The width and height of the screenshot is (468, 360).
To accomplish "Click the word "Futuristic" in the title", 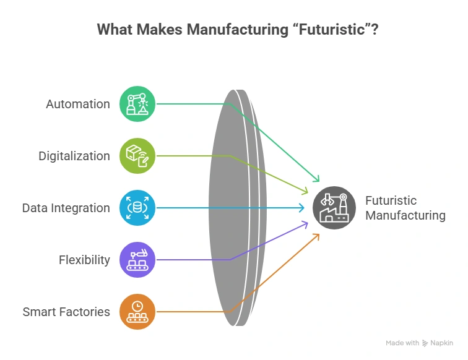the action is coord(332,30).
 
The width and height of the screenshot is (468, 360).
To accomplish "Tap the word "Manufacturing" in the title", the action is coord(238,30).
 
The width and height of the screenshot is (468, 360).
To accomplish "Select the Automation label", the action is coord(78,104).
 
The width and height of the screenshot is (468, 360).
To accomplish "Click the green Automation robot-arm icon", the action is coord(137,104).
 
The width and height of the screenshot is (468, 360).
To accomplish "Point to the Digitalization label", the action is coord(74,156).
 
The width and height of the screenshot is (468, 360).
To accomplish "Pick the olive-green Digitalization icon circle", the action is coord(137,156).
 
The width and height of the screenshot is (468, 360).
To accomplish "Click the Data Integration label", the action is coord(66,208).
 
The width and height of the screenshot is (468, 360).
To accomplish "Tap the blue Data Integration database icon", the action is coord(137,208).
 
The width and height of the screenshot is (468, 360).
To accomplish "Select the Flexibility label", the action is coord(84,260).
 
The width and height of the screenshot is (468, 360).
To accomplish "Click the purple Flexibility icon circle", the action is coord(137,260).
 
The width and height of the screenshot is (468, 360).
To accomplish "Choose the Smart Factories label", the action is coord(66,312).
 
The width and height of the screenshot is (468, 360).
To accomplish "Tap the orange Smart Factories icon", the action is coord(137,312).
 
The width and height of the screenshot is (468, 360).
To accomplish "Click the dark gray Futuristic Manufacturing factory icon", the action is coord(334,208).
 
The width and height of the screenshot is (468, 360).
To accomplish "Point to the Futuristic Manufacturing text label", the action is coord(405,208).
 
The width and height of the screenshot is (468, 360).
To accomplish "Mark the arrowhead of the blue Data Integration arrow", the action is coord(302,208).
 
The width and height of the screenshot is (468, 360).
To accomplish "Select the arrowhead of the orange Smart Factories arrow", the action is coord(318,236).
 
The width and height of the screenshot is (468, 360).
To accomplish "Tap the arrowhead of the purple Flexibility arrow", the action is coord(306,223).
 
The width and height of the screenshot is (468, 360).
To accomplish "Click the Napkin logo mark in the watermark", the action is coord(425,343).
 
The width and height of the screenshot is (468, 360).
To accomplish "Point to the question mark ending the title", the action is coord(375,30).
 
